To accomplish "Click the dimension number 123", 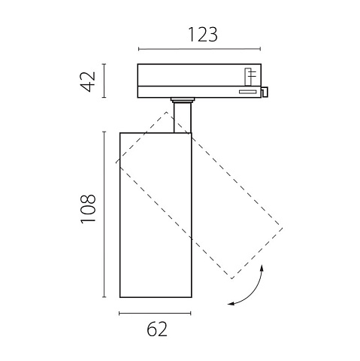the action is click(x=203, y=35).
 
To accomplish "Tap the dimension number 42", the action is click(x=88, y=81).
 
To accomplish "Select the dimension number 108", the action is click(x=88, y=209).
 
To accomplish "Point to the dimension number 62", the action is click(x=157, y=329).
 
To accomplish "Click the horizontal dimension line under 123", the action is click(x=199, y=49).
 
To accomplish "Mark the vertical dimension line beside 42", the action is click(x=104, y=80).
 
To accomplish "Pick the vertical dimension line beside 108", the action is click(x=104, y=214).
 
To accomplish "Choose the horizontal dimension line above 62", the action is click(x=155, y=313).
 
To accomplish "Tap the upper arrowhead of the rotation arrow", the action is click(x=262, y=268).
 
